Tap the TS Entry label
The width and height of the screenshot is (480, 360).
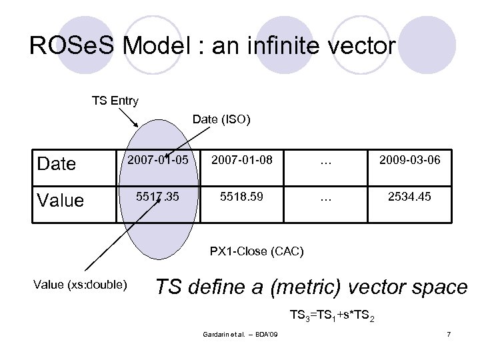[x=115, y=101]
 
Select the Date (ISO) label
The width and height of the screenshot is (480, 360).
[x=221, y=119]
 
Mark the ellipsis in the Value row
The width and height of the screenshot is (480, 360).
[x=325, y=199]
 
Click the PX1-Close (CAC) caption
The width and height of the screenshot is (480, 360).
[x=257, y=251]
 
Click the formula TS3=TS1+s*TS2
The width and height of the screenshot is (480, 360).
[x=331, y=315]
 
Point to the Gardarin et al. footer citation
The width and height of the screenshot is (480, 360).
[x=241, y=333]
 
